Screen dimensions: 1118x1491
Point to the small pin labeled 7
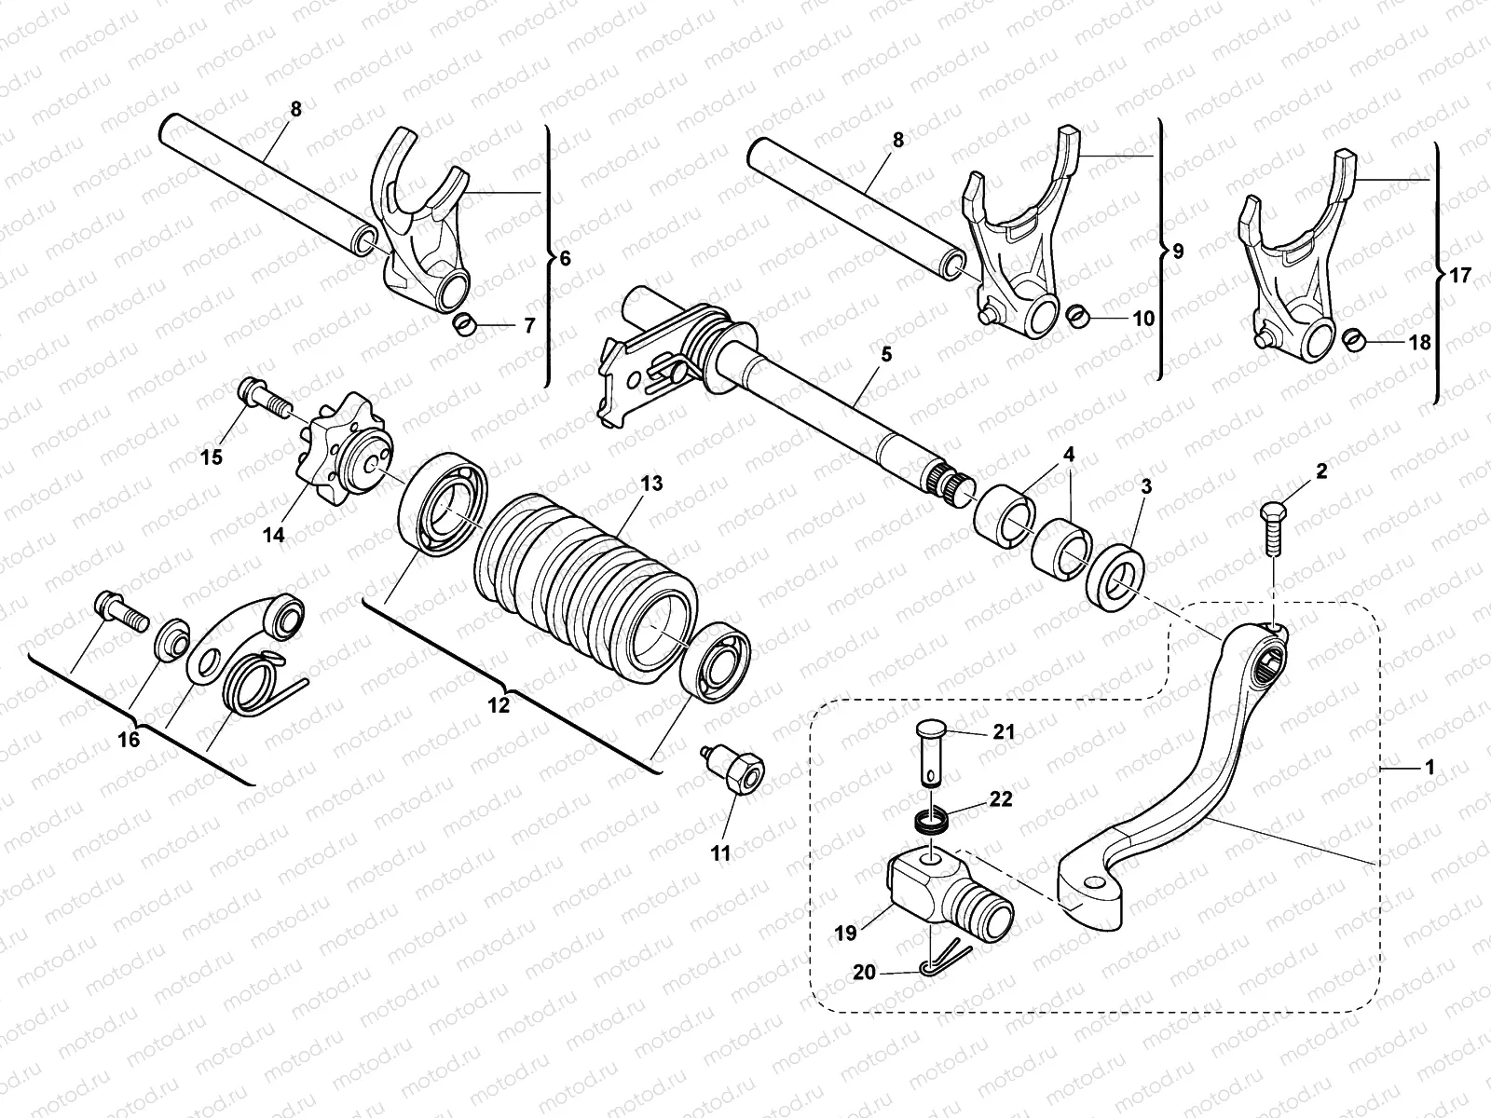[x=464, y=325]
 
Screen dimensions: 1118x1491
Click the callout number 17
[x=1460, y=276]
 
